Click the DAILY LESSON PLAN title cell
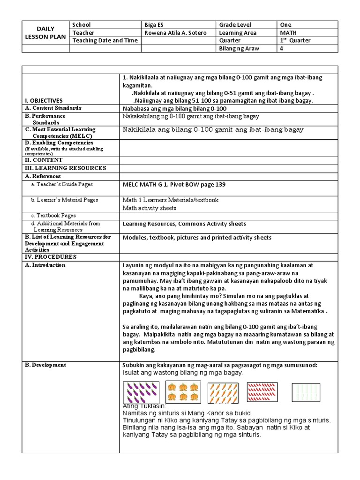(x=45, y=33)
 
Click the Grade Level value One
(x=286, y=25)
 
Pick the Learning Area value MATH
(x=288, y=33)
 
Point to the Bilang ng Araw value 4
(x=282, y=48)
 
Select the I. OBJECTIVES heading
(x=44, y=100)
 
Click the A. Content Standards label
(x=53, y=108)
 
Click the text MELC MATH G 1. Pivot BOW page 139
(x=174, y=185)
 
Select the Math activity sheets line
(x=149, y=208)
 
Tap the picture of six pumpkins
(x=183, y=392)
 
